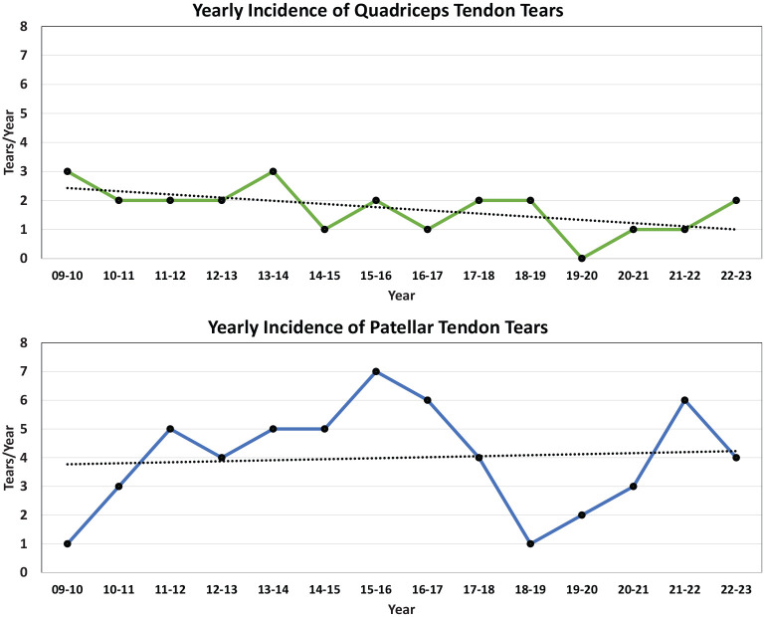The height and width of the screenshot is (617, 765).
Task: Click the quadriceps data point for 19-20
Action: coord(582,258)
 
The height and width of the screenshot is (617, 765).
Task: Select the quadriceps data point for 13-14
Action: coord(274,171)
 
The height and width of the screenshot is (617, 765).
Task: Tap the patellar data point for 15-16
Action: coord(376,371)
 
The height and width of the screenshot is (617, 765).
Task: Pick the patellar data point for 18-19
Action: coord(530,543)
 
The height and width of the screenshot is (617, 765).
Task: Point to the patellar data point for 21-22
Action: coord(684,400)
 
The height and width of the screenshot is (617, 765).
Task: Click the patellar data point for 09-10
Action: coord(68,543)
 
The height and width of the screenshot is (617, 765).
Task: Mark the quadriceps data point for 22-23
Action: coord(736,200)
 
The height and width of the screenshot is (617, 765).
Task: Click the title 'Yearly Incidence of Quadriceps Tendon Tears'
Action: coord(378,10)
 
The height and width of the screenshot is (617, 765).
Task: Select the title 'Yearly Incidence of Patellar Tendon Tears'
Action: coord(378,326)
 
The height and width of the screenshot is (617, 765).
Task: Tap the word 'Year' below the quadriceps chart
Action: coord(402,296)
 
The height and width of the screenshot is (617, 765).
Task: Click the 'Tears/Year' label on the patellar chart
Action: coord(9,458)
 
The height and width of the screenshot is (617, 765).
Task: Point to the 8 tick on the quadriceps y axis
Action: coord(24,26)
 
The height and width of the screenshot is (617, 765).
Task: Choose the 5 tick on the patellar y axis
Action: coord(24,429)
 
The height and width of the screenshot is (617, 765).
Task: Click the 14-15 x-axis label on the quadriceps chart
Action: coord(324,276)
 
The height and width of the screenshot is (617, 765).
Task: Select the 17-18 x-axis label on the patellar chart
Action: coord(478,590)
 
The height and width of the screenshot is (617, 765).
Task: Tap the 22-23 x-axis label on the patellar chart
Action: coord(736,590)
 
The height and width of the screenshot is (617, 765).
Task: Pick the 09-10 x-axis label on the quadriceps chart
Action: coord(68,276)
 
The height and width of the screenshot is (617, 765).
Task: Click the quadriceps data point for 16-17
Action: coord(428,230)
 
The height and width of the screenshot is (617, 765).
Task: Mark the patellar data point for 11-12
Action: coord(170,429)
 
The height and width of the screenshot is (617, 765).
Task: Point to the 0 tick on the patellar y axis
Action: coord(24,572)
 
